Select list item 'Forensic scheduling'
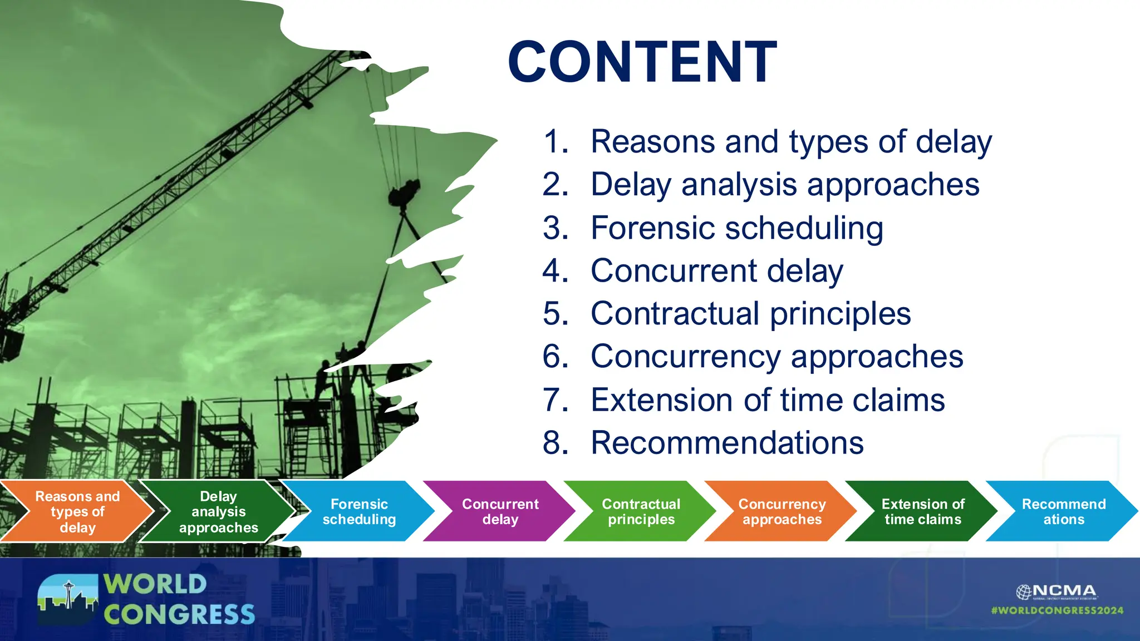tap(736, 228)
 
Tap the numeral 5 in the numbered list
tap(554, 314)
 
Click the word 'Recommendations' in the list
tap(727, 443)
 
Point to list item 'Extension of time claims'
tap(767, 400)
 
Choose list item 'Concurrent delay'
tap(716, 271)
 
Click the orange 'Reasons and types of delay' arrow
tap(77, 511)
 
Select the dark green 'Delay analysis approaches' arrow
tap(218, 511)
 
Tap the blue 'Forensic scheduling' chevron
tap(359, 511)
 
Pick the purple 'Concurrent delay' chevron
tap(500, 511)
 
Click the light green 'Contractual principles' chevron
tap(641, 511)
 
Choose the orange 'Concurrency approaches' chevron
tap(782, 511)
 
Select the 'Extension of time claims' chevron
tap(922, 511)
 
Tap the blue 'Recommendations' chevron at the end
tap(1063, 511)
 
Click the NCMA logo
tap(1056, 591)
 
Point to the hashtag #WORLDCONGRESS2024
tap(1057, 610)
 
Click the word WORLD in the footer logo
tap(155, 584)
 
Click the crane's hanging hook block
tap(405, 193)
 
